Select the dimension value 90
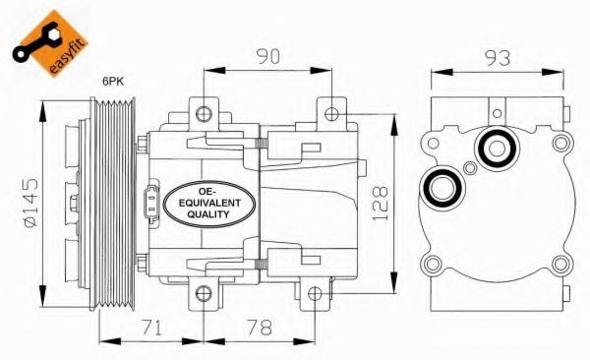click(265, 56)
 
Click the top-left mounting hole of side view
click(203, 110)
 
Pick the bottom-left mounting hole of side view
click(203, 293)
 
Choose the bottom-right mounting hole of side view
click(314, 293)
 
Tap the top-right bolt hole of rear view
click(562, 144)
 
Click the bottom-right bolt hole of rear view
click(560, 263)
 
